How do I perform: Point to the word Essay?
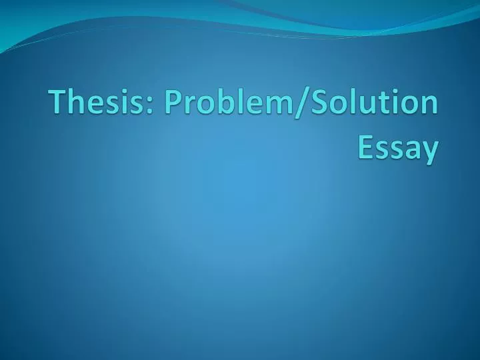coord(398,148)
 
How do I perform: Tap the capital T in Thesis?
coord(57,107)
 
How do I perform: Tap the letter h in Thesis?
coord(74,107)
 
